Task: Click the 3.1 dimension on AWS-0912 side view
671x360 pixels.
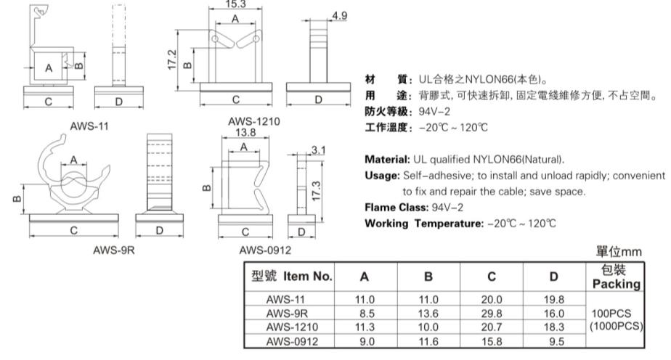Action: (317, 150)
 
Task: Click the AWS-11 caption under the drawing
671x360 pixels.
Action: (89, 126)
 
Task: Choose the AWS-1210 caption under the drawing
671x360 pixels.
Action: (234, 123)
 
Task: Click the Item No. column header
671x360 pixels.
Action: (290, 277)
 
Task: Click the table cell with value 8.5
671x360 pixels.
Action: (365, 313)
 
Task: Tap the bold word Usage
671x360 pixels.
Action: (381, 176)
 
